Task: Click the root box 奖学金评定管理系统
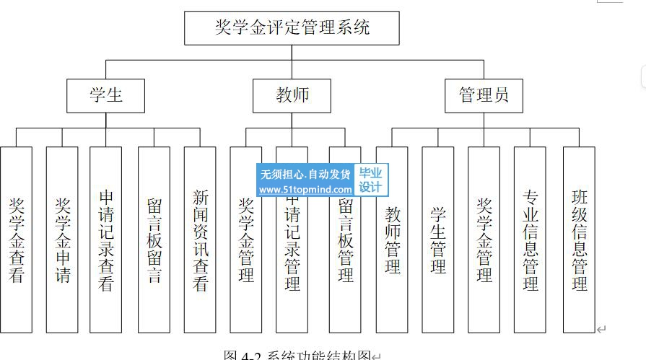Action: coord(292,28)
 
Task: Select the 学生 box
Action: coord(106,95)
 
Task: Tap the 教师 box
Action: coord(292,95)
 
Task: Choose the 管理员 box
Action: coord(484,95)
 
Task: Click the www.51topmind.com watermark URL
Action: coord(305,190)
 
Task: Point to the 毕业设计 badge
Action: coord(370,180)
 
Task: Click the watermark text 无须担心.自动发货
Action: coord(305,174)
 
